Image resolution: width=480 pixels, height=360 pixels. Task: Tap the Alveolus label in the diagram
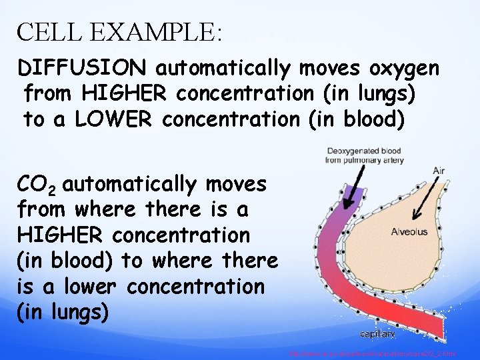click(409, 232)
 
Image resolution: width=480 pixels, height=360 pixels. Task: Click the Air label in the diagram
click(438, 171)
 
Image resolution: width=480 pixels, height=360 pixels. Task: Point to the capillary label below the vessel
click(378, 333)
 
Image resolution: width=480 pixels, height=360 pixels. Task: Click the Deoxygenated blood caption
click(364, 155)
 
